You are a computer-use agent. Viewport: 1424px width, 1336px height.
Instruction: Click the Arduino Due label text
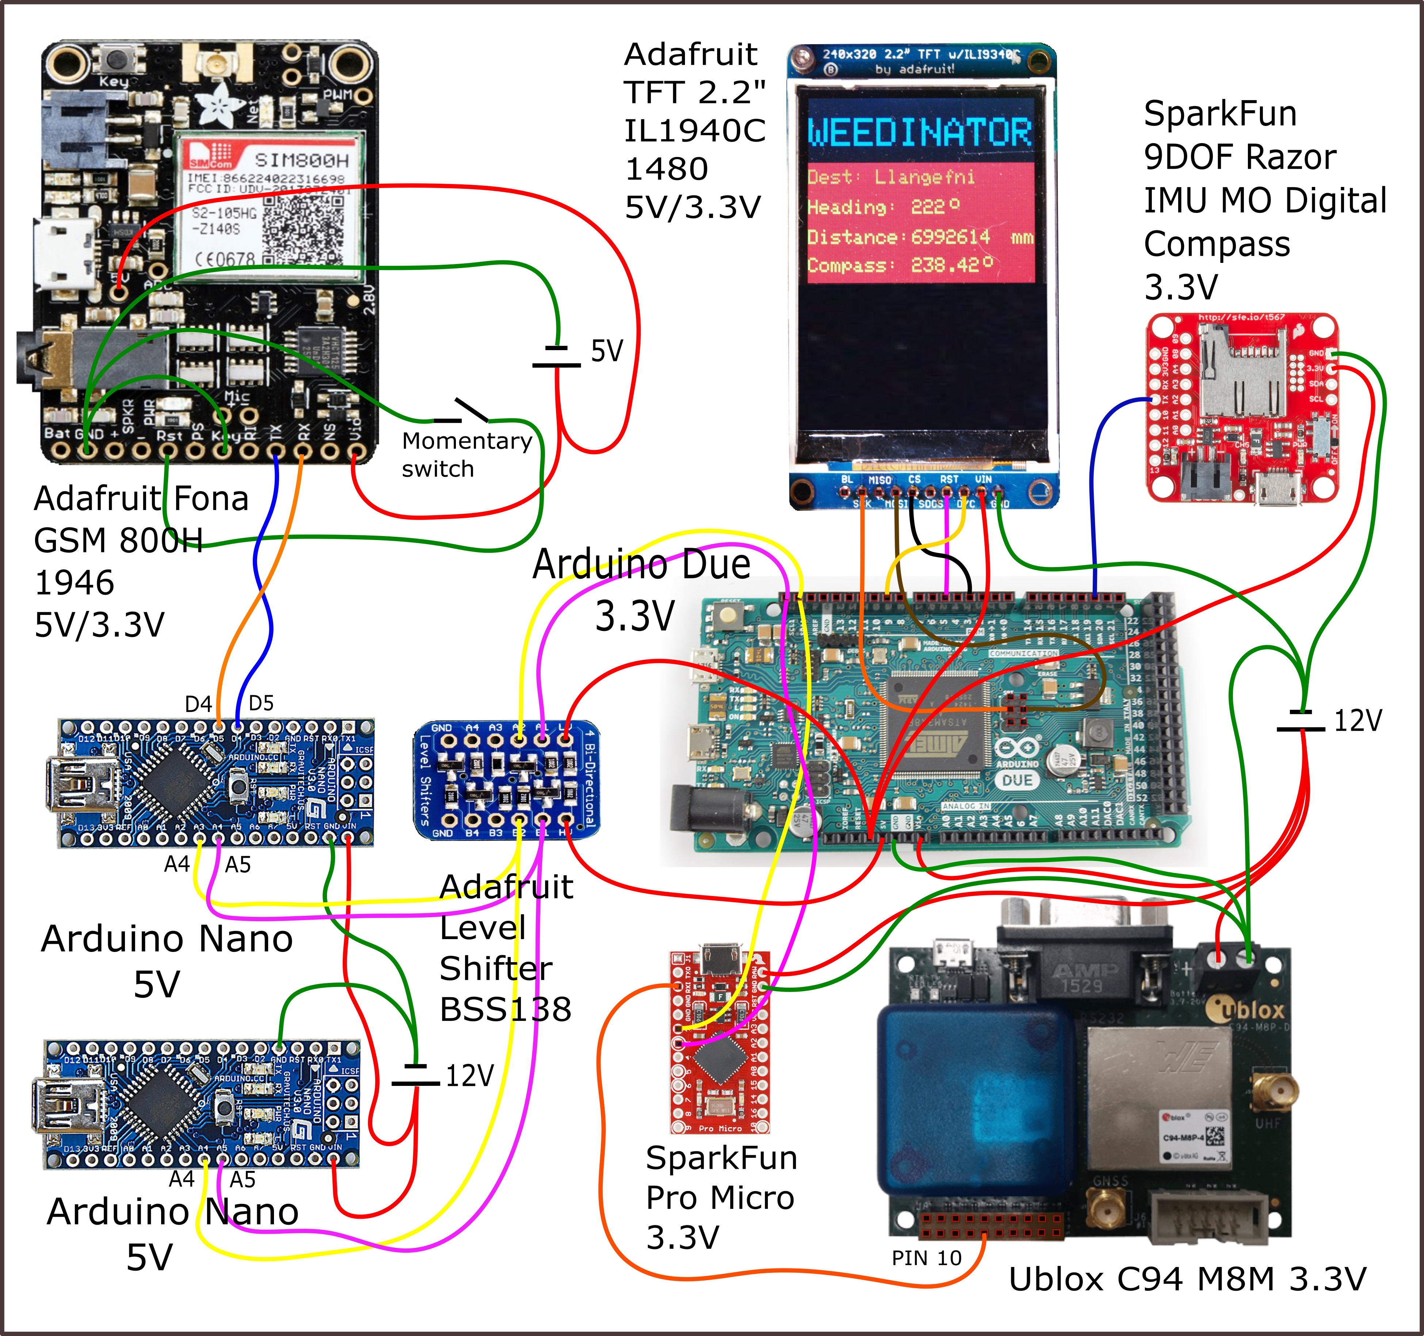[x=641, y=564]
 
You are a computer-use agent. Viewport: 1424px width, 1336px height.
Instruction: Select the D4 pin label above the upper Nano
[x=198, y=705]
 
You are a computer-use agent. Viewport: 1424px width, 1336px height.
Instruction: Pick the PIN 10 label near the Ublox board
[x=926, y=1258]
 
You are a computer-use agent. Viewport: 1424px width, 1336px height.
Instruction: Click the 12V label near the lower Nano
[x=470, y=1075]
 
